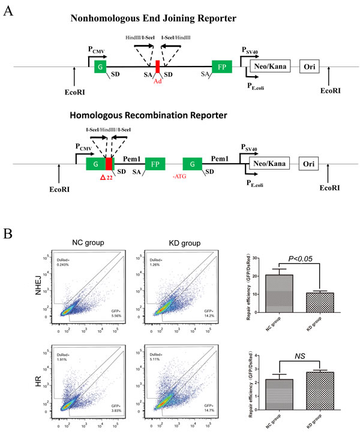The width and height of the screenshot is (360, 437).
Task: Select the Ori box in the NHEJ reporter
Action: [x=310, y=67]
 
